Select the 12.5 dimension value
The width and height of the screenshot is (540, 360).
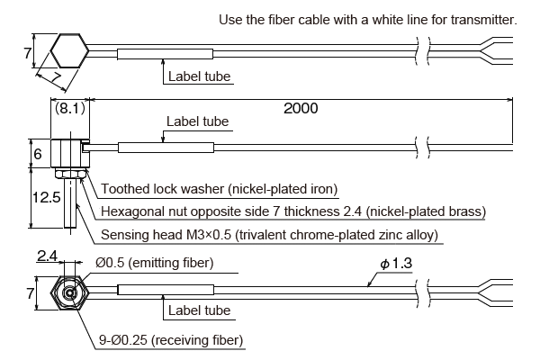36,196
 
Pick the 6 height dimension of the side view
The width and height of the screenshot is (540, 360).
37,154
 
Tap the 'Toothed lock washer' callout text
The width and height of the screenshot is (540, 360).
219,189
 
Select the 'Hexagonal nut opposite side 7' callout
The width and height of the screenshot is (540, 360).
293,211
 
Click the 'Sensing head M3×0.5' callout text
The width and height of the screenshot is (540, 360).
269,235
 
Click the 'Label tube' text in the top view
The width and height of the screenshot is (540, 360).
199,76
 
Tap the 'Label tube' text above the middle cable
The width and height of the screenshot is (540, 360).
198,121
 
